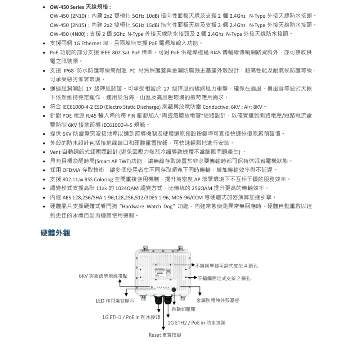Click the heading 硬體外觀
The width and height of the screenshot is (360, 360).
point(55,233)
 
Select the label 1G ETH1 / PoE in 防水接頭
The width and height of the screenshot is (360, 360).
point(131,317)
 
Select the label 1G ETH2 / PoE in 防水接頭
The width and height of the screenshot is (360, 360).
point(197,323)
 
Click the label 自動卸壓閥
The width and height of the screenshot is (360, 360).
point(183,309)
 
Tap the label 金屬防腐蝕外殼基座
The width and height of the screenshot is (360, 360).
point(218,300)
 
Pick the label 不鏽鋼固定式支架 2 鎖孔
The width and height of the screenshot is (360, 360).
point(224,278)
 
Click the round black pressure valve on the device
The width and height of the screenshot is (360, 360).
point(174,289)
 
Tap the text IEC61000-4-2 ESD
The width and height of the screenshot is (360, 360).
point(82,107)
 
